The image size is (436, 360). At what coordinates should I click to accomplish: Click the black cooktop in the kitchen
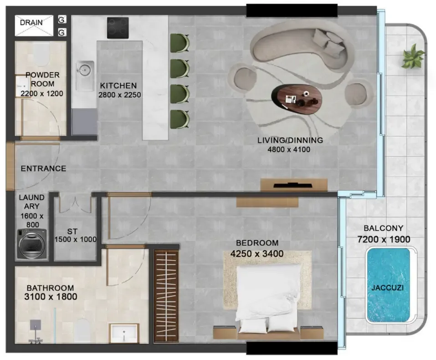(x=118, y=28)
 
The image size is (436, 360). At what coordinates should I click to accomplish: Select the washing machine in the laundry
(x=32, y=243)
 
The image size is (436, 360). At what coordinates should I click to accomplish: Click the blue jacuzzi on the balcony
(x=388, y=285)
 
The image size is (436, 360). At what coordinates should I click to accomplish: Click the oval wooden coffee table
(x=297, y=99)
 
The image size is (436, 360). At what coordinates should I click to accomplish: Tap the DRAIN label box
(x=34, y=25)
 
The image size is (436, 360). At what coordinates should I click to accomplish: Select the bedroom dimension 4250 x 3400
(x=257, y=254)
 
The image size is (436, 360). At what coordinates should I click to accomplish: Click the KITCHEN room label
(x=118, y=86)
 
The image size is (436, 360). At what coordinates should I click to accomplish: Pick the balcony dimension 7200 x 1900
(x=384, y=239)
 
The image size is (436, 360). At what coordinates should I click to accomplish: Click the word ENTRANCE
(x=43, y=168)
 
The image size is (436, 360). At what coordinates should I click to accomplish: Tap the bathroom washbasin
(x=124, y=333)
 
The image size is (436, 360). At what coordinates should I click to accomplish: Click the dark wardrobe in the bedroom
(x=166, y=296)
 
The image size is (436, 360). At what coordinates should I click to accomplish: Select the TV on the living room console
(x=293, y=185)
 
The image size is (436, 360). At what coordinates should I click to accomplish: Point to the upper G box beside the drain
(x=62, y=20)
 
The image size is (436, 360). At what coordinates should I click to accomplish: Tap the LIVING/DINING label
(x=290, y=140)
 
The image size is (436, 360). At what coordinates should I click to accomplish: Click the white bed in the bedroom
(x=267, y=298)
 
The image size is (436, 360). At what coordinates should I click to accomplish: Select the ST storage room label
(x=72, y=231)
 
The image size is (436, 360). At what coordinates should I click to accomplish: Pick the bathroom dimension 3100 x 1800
(x=51, y=297)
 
